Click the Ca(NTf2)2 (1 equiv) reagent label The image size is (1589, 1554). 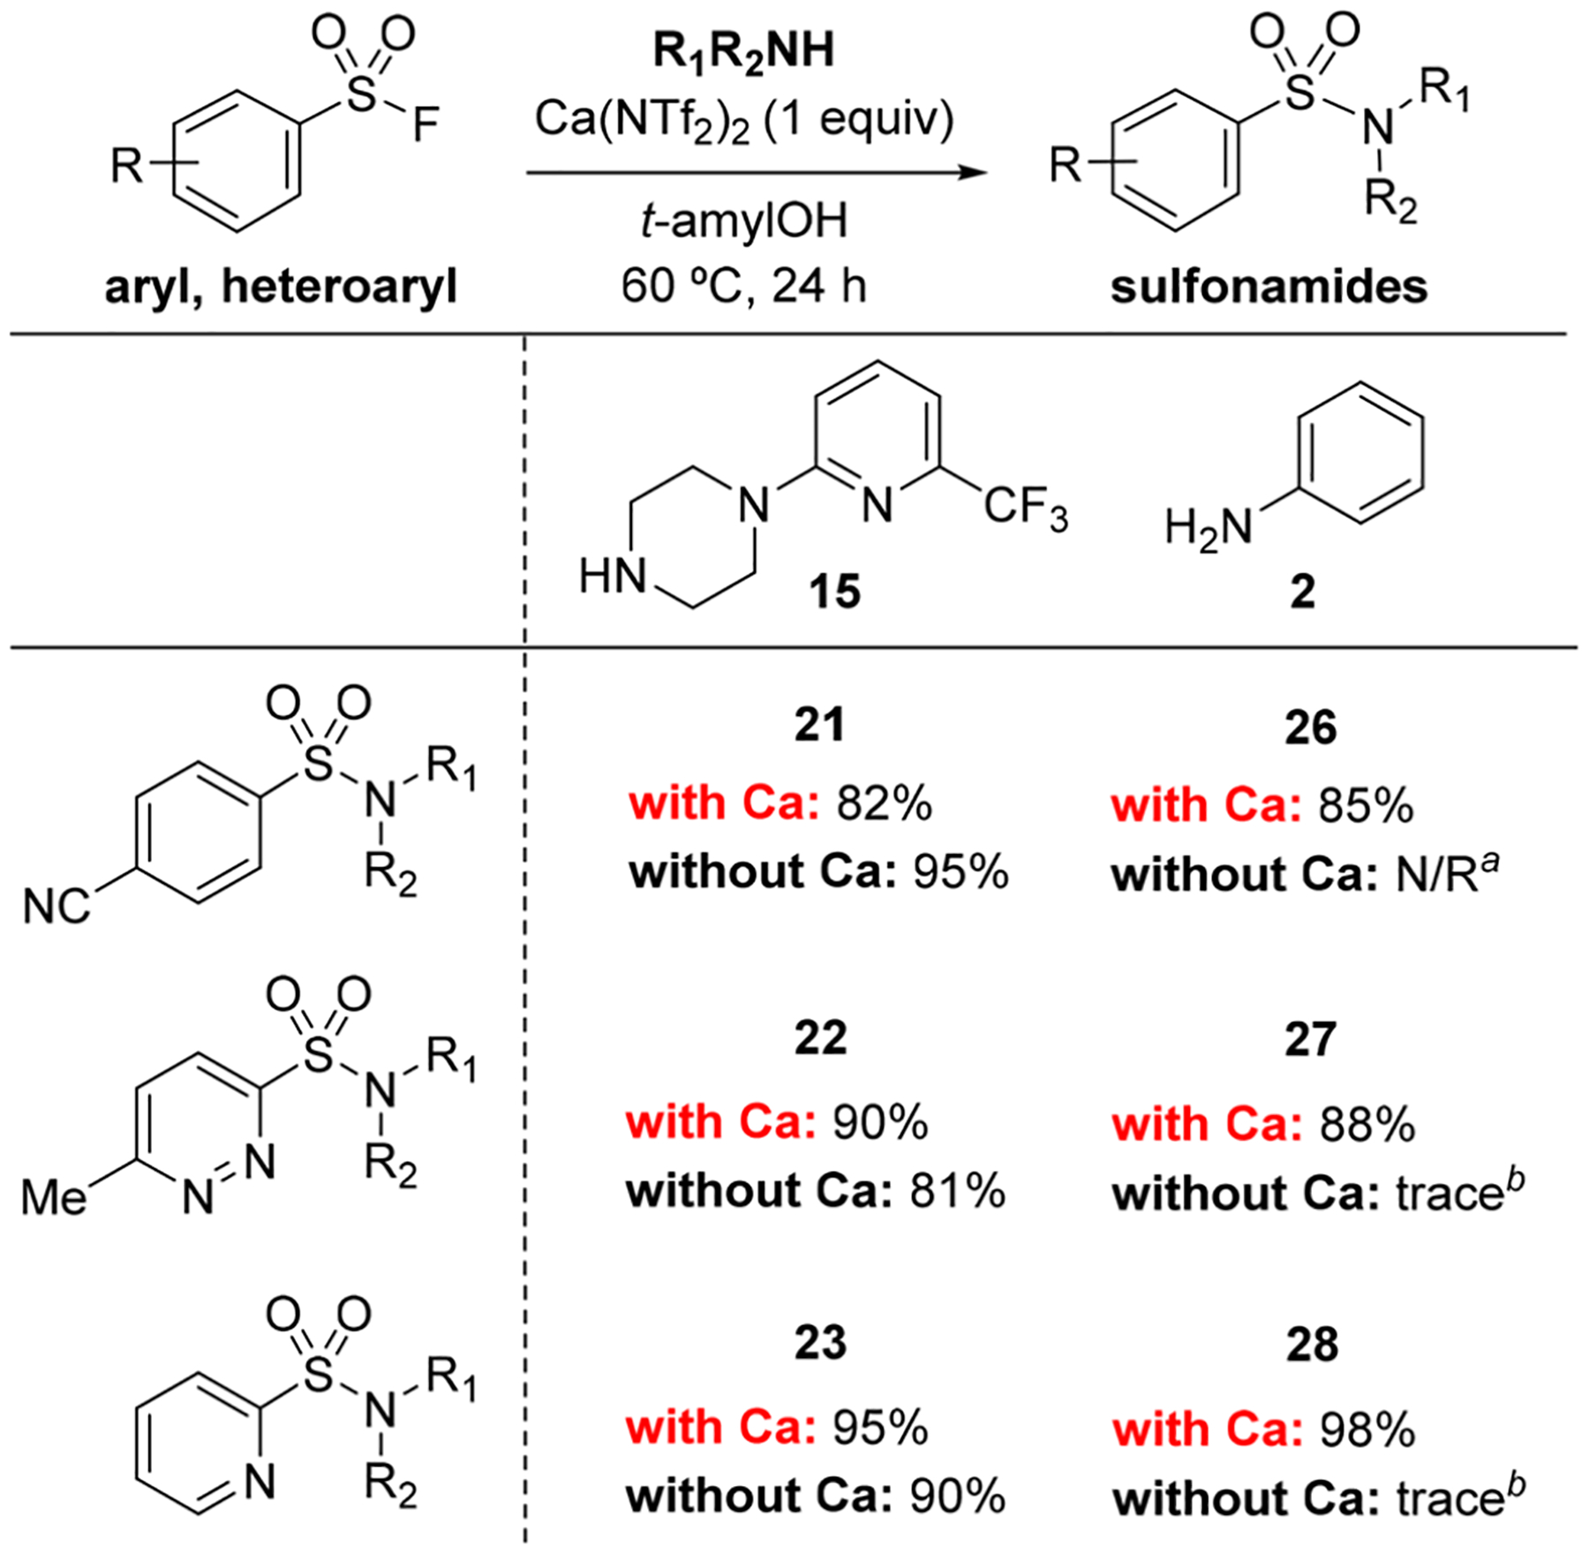point(744,119)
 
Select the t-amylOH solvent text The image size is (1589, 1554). point(743,221)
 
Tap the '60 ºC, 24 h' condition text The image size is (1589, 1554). point(743,285)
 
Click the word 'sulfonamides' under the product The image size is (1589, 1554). point(1269,287)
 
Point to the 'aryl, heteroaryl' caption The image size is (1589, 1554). point(281,287)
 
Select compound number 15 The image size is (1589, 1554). point(834,591)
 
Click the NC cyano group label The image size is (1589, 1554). point(56,908)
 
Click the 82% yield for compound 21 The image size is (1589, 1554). point(884,803)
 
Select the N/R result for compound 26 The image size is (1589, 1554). point(1445,875)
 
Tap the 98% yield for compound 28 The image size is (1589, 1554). point(1367,1429)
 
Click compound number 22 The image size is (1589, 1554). point(820,1037)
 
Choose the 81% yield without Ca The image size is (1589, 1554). point(957,1191)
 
